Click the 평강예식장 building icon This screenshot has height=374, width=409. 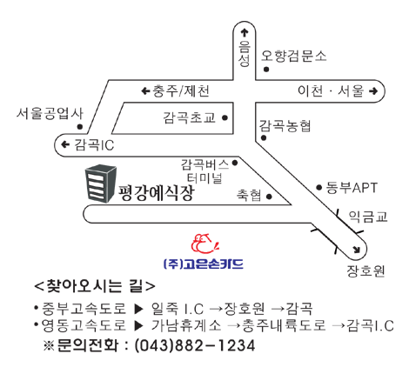pos(100,184)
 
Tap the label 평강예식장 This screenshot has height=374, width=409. pos(156,192)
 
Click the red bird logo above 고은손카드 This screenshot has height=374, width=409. pos(204,243)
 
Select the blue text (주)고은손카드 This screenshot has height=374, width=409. pos(203,264)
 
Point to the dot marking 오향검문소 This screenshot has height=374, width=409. pos(266,70)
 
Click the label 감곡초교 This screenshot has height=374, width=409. pos(190,117)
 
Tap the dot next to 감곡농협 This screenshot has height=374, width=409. pos(264,137)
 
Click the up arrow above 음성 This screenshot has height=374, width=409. pos(245,32)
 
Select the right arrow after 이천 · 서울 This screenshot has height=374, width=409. pos(373,91)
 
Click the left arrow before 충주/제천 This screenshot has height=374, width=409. pos(145,91)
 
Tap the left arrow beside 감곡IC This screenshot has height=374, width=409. pos(65,144)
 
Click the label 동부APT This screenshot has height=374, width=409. pos(352,188)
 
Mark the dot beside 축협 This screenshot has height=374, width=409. pos(269,197)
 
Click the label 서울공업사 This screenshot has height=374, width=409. pos(50,113)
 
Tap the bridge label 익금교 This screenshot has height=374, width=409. pos(368,217)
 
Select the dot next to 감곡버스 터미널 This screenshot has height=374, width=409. pos(235,163)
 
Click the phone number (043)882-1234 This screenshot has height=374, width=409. pos(195,345)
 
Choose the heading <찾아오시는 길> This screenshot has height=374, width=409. pos(95,286)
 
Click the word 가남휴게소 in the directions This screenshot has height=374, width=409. pos(186,325)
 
